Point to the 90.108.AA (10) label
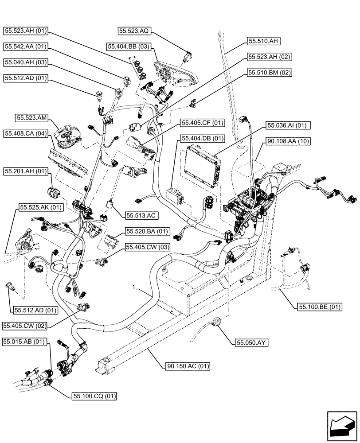(289, 141)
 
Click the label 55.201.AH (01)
(26, 171)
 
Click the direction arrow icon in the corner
(341, 426)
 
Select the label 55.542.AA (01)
(26, 46)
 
